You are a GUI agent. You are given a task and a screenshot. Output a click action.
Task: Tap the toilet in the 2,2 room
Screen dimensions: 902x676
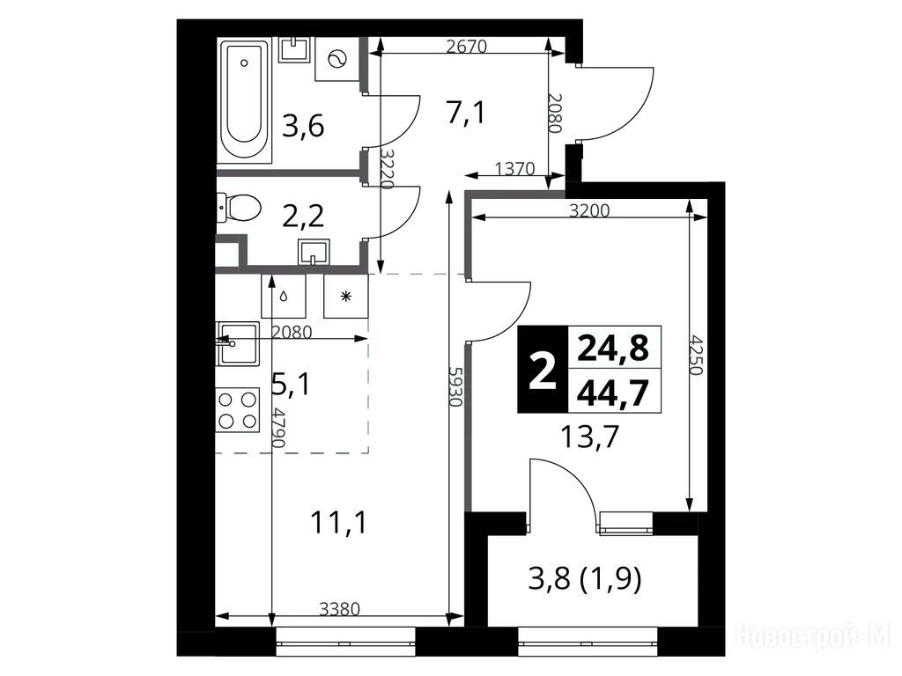[x=239, y=208]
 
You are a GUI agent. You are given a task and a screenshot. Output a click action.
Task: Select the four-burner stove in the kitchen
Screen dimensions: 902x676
[x=238, y=410]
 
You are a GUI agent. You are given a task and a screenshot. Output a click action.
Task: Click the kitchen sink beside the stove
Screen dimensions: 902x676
[x=238, y=344]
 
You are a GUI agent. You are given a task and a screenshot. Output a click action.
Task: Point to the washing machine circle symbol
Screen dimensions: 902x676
[x=336, y=59]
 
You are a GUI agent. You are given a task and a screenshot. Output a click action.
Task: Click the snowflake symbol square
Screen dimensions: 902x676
[x=345, y=296]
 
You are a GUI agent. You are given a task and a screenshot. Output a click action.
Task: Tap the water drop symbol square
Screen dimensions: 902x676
[x=283, y=296]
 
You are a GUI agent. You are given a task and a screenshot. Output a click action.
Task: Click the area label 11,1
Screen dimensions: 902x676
[x=338, y=523]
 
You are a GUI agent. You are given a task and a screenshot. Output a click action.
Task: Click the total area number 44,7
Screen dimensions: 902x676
[x=613, y=393]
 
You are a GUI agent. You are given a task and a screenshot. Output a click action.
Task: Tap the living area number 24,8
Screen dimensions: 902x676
[x=613, y=348]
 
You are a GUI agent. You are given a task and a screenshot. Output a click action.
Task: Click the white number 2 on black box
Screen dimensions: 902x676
[x=543, y=370]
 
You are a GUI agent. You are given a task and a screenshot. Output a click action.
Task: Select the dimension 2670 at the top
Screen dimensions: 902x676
[x=467, y=46]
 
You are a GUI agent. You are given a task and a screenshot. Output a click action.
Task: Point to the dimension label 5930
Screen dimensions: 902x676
[x=455, y=387]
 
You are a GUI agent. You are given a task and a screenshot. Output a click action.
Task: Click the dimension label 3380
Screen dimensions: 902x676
[x=339, y=608]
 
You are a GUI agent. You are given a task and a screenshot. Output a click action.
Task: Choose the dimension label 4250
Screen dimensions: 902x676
[x=697, y=355]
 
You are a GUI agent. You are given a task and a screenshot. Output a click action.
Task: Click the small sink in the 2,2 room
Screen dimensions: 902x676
[x=314, y=253]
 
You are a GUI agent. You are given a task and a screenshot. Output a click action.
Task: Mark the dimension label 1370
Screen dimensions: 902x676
[x=514, y=169]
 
